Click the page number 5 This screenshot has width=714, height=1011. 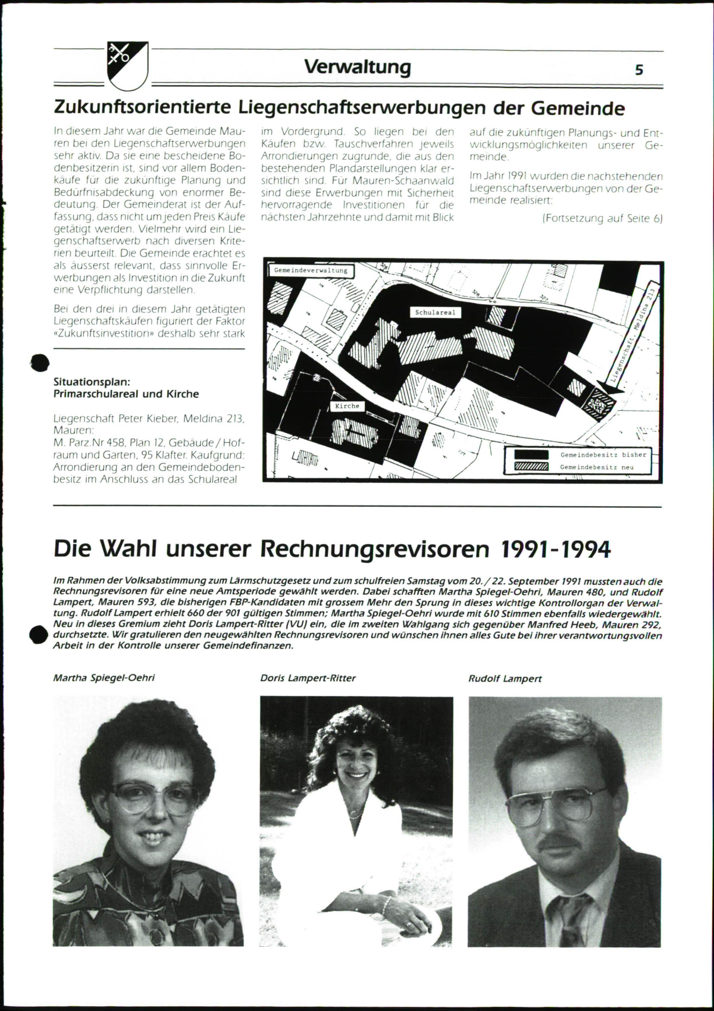click(x=639, y=70)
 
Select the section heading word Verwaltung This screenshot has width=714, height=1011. click(x=357, y=67)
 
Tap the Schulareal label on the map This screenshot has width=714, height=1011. click(x=435, y=312)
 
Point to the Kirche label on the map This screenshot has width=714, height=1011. click(x=347, y=406)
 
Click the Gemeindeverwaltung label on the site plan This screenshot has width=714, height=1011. click(x=311, y=270)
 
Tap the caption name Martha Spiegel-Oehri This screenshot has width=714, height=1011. click(x=104, y=678)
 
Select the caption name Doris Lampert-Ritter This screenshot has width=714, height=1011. click(x=308, y=678)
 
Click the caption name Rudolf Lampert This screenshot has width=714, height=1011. click(x=505, y=678)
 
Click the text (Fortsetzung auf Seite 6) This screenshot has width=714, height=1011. click(x=602, y=219)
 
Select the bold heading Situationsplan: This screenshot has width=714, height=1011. click(x=92, y=381)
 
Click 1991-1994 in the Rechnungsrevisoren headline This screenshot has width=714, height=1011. click(x=556, y=550)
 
